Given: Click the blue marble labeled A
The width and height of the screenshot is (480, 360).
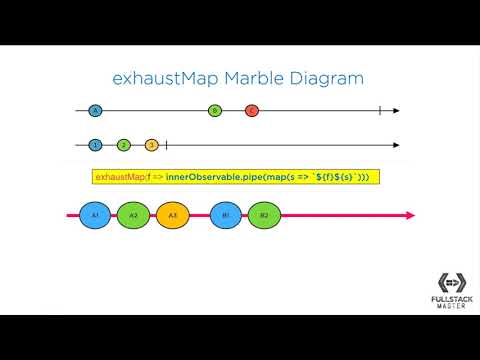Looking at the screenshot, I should click(95, 110).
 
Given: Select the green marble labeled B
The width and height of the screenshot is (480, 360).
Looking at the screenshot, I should click(214, 110).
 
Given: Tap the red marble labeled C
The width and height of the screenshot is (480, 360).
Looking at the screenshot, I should click(252, 110).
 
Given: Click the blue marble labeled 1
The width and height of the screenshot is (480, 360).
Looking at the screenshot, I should click(95, 145).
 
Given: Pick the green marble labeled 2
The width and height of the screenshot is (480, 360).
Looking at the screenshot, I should click(124, 145).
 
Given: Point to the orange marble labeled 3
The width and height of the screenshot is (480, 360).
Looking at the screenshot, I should click(152, 145).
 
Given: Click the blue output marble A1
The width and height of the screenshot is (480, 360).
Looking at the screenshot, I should click(95, 215).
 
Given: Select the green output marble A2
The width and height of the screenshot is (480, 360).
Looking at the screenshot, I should click(133, 215).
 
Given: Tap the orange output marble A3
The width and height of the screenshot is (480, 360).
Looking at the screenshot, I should click(172, 215).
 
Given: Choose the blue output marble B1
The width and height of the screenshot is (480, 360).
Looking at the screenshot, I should click(227, 215).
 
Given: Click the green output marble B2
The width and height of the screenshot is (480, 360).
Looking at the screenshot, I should click(264, 215).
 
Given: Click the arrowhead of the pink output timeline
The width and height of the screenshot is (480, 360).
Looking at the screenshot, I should click(410, 215).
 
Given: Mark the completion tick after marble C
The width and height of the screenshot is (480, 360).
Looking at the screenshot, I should click(379, 110).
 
